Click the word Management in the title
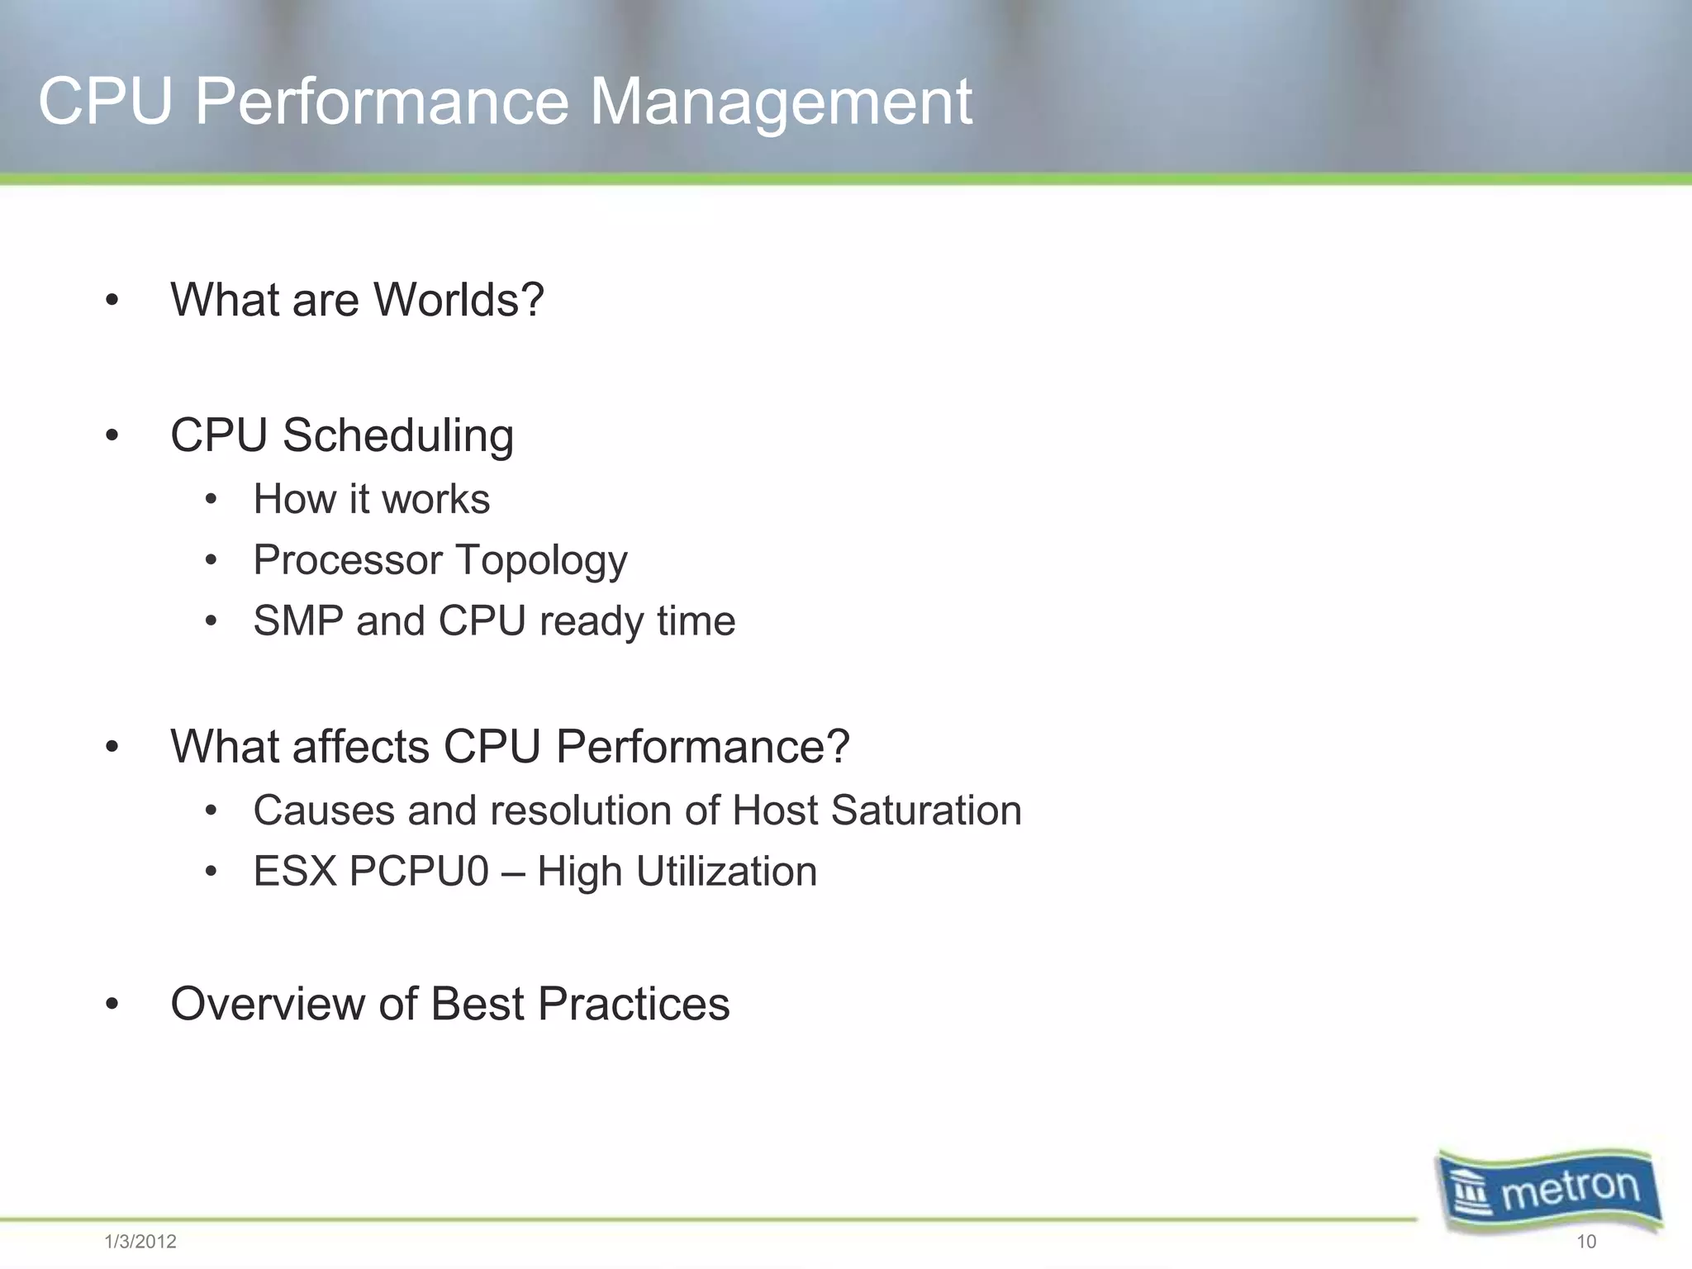pyautogui.click(x=780, y=102)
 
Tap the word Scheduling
pyautogui.click(x=397, y=435)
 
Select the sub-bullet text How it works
pyautogui.click(x=371, y=499)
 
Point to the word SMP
pyautogui.click(x=297, y=620)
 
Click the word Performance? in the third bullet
pyautogui.click(x=702, y=747)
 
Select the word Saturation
pyautogui.click(x=926, y=810)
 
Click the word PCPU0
pyautogui.click(x=419, y=872)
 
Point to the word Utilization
pyautogui.click(x=726, y=872)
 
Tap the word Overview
pyautogui.click(x=267, y=1004)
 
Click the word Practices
pyautogui.click(x=634, y=1004)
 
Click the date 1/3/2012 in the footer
pyautogui.click(x=140, y=1242)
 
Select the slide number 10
pyautogui.click(x=1586, y=1242)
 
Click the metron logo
pyautogui.click(x=1549, y=1191)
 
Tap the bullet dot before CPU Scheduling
pyautogui.click(x=112, y=435)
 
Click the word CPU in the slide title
pyautogui.click(x=106, y=102)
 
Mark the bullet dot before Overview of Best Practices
pyautogui.click(x=112, y=1005)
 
